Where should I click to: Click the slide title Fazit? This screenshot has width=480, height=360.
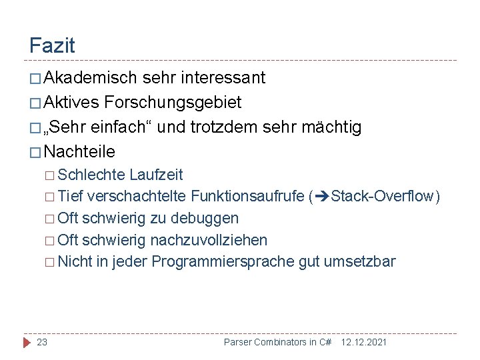click(52, 46)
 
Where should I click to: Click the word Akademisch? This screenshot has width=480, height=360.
click(91, 78)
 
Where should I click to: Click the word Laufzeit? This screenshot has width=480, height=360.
click(156, 175)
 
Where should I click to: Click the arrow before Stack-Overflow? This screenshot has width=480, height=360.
click(321, 197)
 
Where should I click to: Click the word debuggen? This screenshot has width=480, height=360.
click(206, 218)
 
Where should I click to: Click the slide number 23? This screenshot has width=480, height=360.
click(42, 342)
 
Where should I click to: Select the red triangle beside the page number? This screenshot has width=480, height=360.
click(27, 342)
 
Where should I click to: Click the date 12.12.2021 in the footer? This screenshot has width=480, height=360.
click(363, 342)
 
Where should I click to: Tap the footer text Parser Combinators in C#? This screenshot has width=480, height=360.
click(277, 342)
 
